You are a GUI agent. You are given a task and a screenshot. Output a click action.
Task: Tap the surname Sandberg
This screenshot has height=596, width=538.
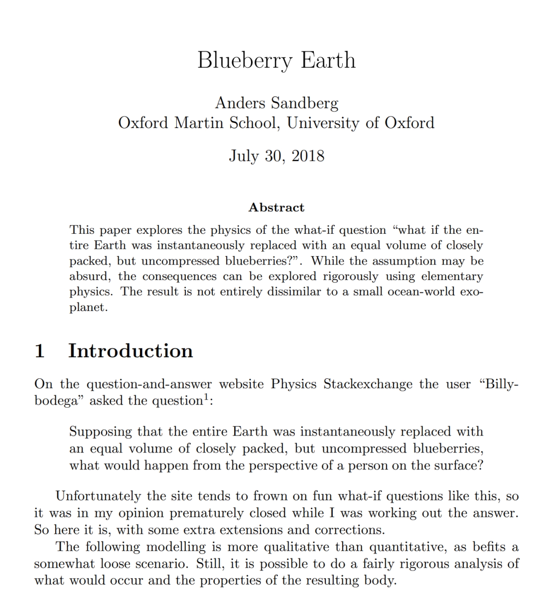coord(305,103)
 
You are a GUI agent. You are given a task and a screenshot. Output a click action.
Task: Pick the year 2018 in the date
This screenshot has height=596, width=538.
coord(308,156)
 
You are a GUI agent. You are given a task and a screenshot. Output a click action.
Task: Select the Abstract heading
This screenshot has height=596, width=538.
coord(276,207)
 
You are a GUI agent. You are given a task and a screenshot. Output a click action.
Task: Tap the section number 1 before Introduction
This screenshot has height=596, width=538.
coord(40,351)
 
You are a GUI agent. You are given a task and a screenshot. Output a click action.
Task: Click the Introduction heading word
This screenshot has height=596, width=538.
coord(131,351)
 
